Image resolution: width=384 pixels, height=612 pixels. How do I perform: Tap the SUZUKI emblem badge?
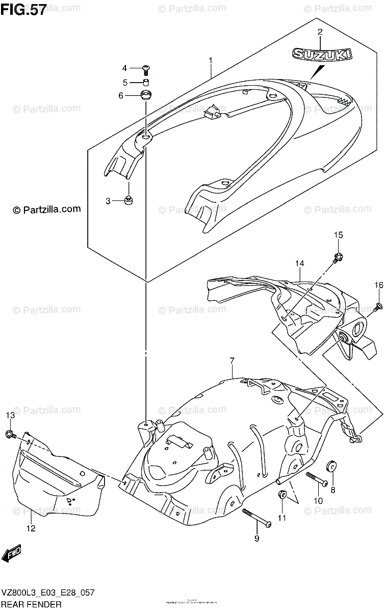320,54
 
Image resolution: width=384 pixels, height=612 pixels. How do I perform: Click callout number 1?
210,61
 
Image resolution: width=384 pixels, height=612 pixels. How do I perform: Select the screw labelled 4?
146,68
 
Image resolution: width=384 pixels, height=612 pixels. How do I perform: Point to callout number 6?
121,95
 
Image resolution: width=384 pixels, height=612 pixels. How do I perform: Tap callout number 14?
299,263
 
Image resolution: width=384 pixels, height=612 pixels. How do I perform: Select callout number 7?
232,361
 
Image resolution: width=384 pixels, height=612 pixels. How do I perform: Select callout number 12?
31,529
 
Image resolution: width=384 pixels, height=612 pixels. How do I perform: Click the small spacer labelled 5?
145,82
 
